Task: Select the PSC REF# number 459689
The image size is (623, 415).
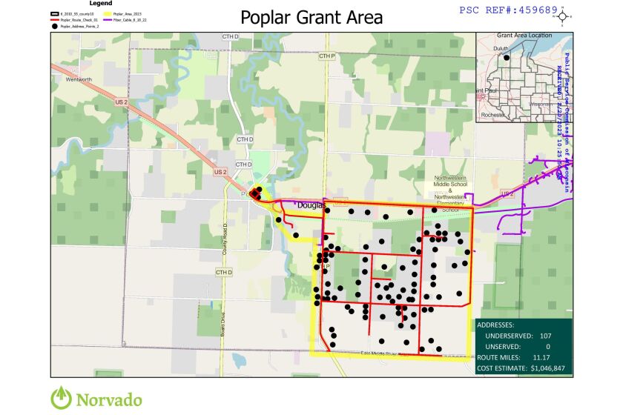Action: [x=537, y=10]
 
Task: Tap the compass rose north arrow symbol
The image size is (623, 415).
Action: [x=563, y=16]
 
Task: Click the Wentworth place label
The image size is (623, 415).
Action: [x=76, y=79]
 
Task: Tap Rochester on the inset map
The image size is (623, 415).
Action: [x=492, y=115]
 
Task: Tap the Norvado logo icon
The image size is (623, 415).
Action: [x=62, y=398]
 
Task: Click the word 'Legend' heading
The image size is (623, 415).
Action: [x=101, y=4]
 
